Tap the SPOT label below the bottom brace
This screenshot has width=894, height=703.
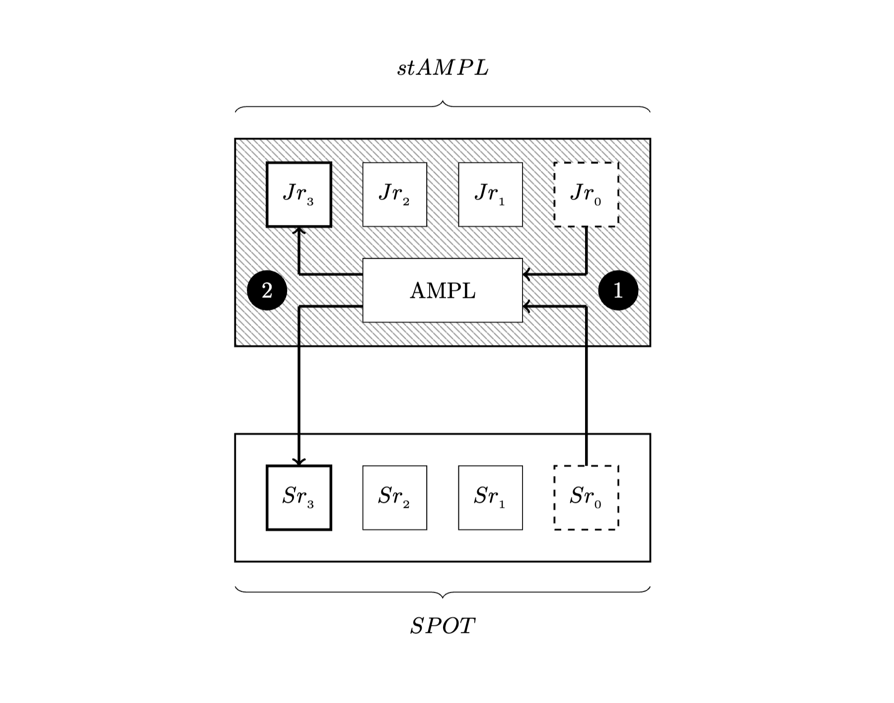(443, 626)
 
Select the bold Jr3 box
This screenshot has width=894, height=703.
(299, 195)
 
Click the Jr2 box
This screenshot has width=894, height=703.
(395, 195)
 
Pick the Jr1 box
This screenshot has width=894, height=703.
(490, 195)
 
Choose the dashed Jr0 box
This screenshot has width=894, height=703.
(586, 195)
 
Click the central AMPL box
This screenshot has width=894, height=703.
(443, 290)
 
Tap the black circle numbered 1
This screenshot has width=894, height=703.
(618, 290)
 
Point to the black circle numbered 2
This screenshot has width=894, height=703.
(267, 290)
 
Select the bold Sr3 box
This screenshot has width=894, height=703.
(299, 497)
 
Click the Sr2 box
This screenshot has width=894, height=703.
(395, 497)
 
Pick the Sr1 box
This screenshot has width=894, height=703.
(490, 497)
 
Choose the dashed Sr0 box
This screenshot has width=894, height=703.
(586, 497)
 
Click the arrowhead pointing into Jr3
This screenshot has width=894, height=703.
(299, 230)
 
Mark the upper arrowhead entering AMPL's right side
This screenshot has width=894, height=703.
(526, 274)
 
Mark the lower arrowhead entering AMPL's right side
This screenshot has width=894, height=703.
(526, 307)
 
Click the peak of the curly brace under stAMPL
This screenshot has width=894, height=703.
(443, 102)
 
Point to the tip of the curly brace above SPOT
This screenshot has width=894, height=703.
(443, 596)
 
